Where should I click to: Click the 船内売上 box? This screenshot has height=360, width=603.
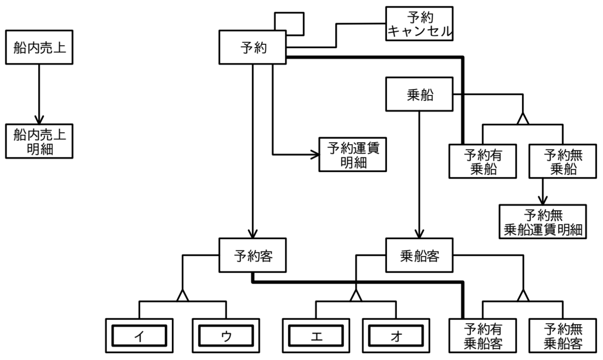click(39, 47)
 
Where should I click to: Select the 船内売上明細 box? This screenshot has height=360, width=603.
click(39, 141)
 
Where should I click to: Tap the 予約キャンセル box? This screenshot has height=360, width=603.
click(419, 24)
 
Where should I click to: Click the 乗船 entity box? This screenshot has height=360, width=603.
click(419, 94)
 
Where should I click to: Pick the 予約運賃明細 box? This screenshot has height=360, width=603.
click(353, 154)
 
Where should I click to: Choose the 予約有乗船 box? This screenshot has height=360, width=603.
click(483, 161)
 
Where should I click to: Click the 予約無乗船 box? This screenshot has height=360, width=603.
click(563, 161)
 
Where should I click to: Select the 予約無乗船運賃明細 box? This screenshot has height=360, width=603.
click(543, 222)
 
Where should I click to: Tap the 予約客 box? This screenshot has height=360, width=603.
click(252, 255)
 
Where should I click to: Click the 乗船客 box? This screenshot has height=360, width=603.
click(419, 255)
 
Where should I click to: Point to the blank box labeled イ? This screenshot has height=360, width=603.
click(139, 335)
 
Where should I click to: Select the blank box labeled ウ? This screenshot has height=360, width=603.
click(226, 335)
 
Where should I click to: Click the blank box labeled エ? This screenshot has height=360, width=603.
click(316, 335)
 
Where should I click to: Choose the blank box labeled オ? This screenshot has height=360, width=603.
click(396, 335)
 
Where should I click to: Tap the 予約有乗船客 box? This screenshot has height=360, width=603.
click(483, 335)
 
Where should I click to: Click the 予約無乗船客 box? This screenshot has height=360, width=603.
click(563, 335)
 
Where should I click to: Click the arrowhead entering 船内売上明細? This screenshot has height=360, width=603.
click(39, 120)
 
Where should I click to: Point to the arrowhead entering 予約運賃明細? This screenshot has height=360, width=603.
click(315, 154)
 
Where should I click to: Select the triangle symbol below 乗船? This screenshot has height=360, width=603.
click(523, 119)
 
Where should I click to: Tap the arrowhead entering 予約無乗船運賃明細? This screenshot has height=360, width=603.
click(542, 201)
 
